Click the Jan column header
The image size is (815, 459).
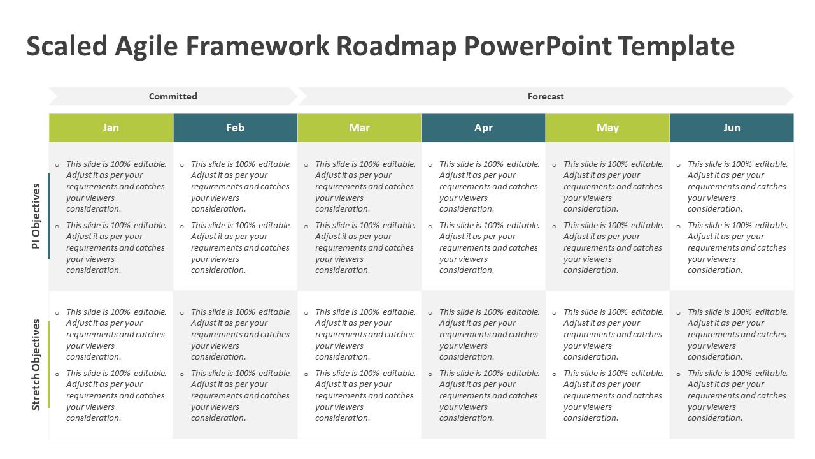[111, 127]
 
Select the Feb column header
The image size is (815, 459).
[235, 127]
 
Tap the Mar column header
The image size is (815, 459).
[359, 127]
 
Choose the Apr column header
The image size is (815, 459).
[483, 127]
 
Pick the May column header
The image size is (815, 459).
[607, 127]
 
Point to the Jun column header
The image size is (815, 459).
[732, 127]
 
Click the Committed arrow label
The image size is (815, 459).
[173, 96]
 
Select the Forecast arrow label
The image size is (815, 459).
[546, 96]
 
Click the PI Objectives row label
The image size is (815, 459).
[36, 216]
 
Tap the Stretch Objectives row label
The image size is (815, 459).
[36, 365]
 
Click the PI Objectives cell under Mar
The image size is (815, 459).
[359, 217]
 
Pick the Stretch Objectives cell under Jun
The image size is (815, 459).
[732, 365]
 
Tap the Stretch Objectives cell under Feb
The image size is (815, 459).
[235, 365]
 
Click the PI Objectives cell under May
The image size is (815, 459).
[607, 217]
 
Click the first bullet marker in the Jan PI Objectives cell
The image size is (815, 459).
[57, 165]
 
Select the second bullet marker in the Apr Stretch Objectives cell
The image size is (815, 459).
[430, 374]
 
